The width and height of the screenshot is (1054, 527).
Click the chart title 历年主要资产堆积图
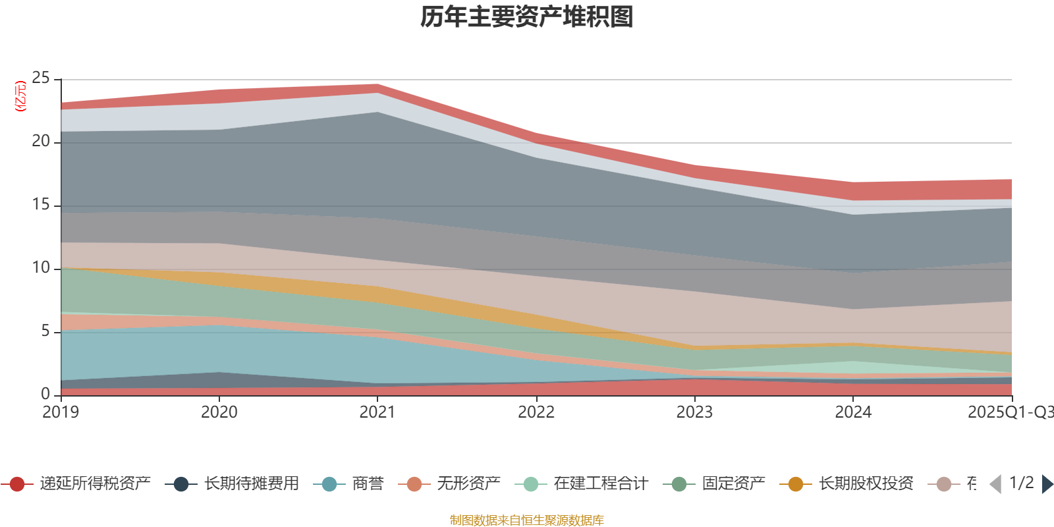click(527, 17)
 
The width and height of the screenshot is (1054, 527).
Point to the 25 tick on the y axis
click(41, 78)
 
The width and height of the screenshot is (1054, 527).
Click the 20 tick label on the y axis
click(41, 142)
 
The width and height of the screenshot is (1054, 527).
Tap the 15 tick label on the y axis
click(41, 205)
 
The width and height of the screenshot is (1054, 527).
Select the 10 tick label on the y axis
click(41, 268)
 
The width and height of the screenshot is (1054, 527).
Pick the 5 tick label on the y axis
click(45, 331)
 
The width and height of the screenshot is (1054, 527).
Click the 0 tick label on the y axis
click(45, 394)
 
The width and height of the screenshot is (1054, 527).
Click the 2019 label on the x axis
click(61, 412)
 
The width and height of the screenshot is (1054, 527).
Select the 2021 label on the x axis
click(377, 412)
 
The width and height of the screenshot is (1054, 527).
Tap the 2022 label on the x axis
click(536, 412)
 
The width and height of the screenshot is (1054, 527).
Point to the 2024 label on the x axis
click(853, 412)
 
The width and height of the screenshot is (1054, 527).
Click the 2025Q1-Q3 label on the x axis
click(1009, 412)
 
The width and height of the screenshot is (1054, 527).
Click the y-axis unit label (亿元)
click(20, 96)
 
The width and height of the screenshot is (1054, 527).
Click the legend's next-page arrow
click(1047, 484)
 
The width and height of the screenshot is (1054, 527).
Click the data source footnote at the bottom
click(527, 520)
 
